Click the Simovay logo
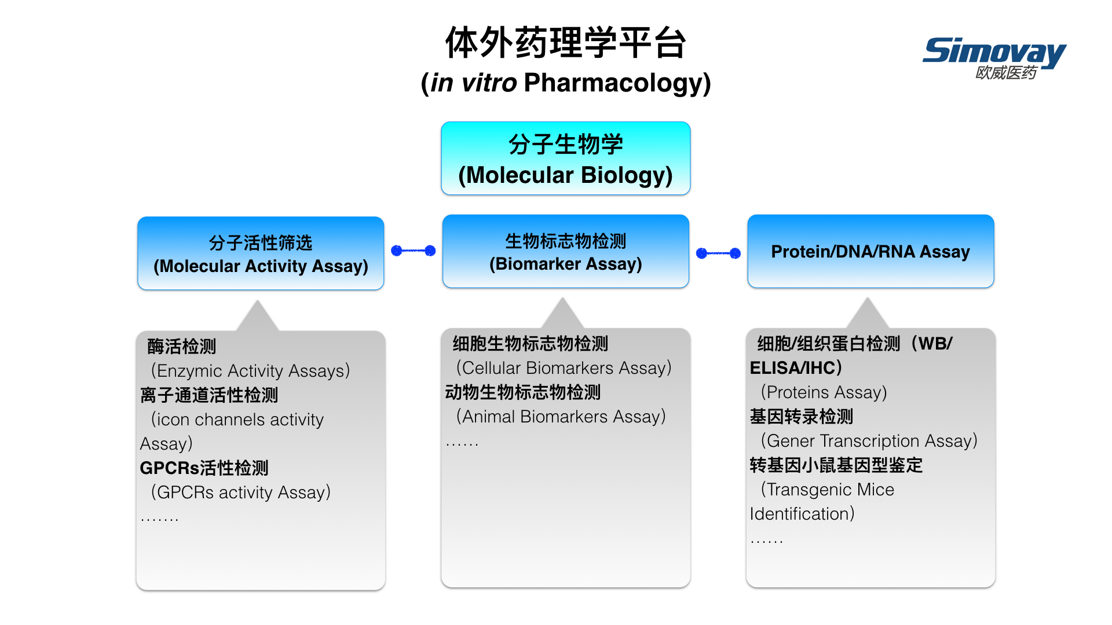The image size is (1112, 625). [994, 57]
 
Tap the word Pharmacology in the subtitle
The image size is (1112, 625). [614, 83]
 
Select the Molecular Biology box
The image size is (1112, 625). [565, 159]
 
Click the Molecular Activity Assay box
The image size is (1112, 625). [261, 253]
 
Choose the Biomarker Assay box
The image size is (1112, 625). [565, 251]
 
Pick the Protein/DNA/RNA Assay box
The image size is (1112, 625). [870, 251]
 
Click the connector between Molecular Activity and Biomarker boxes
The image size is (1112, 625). [414, 251]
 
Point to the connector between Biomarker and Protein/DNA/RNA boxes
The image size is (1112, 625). [718, 253]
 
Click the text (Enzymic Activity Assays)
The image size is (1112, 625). [250, 371]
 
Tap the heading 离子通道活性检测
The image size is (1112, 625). [209, 395]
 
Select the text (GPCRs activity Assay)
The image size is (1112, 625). [240, 492]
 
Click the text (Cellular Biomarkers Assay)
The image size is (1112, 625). [564, 368]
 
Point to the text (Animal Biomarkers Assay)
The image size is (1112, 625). [561, 417]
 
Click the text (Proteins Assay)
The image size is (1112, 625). [824, 392]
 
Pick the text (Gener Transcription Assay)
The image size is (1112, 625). [869, 441]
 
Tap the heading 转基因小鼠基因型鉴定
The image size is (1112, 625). [836, 465]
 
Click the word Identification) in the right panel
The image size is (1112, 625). [802, 514]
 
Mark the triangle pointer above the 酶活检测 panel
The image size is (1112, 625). [258, 316]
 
